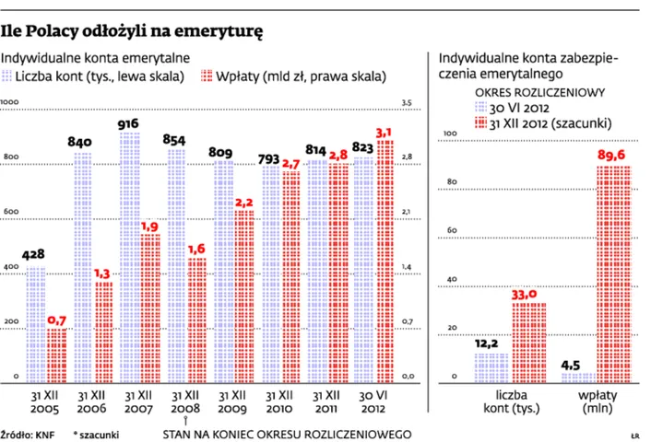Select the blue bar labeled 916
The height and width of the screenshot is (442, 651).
click(x=129, y=258)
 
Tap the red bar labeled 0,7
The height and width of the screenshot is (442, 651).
click(x=57, y=355)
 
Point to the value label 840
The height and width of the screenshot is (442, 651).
click(x=81, y=141)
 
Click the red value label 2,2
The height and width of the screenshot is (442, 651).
click(x=244, y=202)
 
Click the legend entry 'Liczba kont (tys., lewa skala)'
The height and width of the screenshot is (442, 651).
click(x=97, y=76)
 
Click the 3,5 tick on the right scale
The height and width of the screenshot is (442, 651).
click(x=406, y=102)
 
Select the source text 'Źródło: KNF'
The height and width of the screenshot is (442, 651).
click(x=28, y=432)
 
